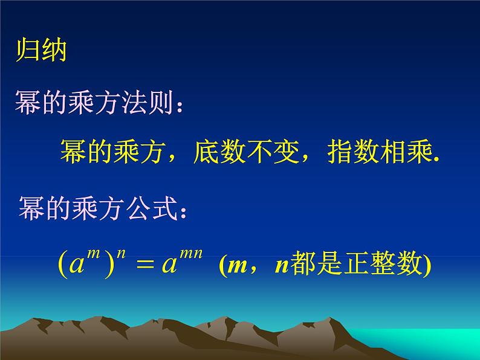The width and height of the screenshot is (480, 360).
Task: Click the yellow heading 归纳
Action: [41, 50]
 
